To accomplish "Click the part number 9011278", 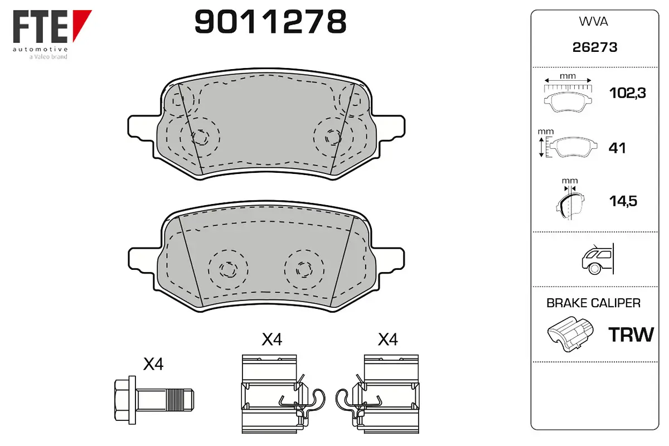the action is (270, 22).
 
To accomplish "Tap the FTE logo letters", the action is (40, 27).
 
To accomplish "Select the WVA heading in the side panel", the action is (593, 22).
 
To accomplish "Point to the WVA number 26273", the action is (595, 47).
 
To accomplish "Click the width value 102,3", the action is (628, 93).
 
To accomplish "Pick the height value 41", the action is (617, 148).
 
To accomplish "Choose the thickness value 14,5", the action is (623, 201).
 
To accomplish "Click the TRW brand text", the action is (631, 334).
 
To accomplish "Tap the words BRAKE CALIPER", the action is (593, 303).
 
